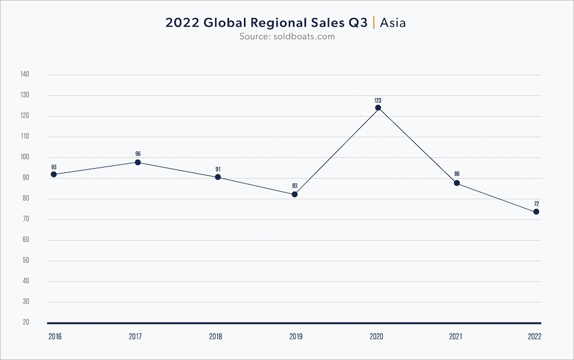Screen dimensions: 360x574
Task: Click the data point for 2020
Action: point(378,108)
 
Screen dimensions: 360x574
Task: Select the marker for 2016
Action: point(54,174)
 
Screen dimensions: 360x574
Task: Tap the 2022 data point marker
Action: point(536,212)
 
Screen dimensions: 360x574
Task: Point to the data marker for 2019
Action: point(295,194)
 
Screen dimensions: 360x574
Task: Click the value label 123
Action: point(378,100)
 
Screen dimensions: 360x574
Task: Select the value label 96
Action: point(138,154)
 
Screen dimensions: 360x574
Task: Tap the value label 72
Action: point(536,203)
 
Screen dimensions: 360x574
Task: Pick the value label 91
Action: point(218,169)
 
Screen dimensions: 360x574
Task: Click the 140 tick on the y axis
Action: point(25,74)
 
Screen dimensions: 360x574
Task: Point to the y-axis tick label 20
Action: point(26,322)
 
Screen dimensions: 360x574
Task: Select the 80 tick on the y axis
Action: point(26,198)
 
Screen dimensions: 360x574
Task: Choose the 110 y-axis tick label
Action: point(25,137)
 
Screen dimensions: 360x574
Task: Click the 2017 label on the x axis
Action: point(136,336)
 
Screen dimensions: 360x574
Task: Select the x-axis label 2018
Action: point(215,336)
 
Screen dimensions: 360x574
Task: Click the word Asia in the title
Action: point(393,23)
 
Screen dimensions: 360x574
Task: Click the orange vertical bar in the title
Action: point(374,23)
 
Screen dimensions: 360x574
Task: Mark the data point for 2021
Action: point(457,183)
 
